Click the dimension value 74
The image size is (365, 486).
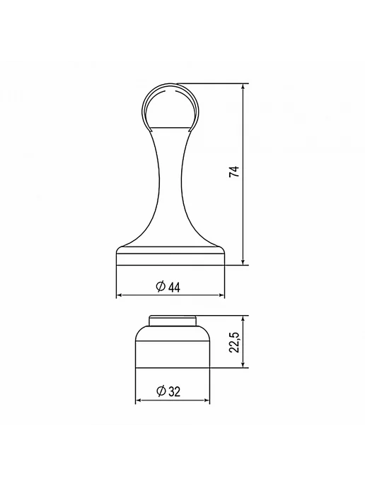click(234, 172)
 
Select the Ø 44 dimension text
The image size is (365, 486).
click(168, 287)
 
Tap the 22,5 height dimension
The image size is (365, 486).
click(234, 342)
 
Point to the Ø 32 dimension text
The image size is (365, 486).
click(168, 391)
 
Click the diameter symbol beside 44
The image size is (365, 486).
click(161, 286)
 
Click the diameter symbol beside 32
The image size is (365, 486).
click(161, 391)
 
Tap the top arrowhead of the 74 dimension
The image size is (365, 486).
click(243, 87)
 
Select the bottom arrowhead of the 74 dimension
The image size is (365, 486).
click(243, 261)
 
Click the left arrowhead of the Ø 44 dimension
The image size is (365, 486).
click(120, 295)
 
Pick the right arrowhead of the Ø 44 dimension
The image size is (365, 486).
click(221, 295)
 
